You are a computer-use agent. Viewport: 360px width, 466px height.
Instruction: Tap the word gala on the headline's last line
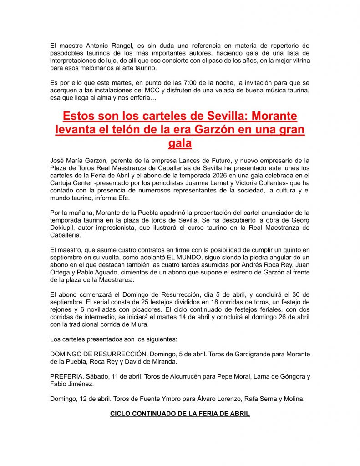tap(180, 143)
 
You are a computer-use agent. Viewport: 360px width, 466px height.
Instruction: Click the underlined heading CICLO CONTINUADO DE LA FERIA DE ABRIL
tap(180, 414)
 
